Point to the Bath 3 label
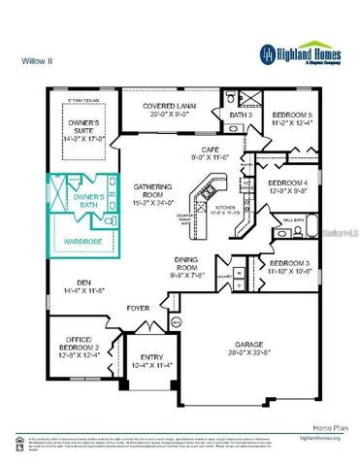tap(241, 117)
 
